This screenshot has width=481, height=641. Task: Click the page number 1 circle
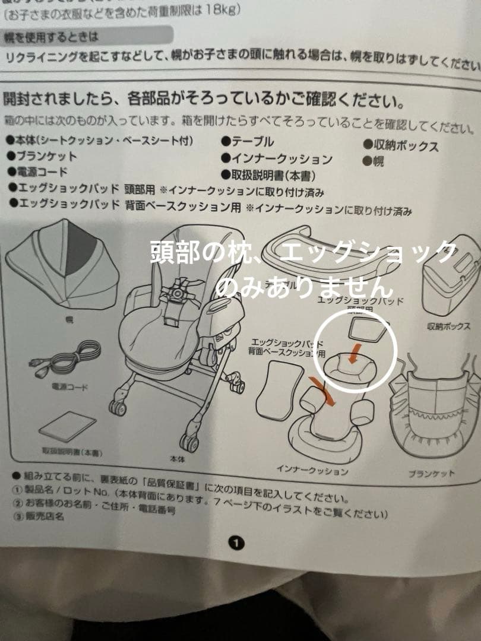tap(236, 542)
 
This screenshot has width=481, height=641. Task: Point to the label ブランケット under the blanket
tap(431, 474)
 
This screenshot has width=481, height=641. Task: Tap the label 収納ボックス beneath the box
tap(448, 326)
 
